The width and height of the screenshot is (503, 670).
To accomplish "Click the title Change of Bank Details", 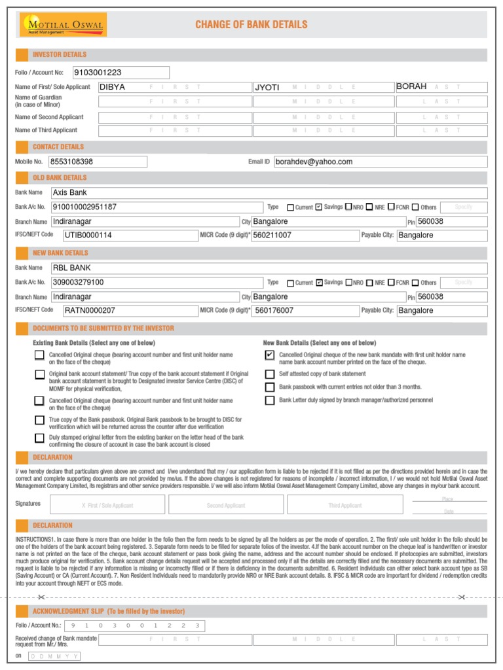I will tap(251, 25).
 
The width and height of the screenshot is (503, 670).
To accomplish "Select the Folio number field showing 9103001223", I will tap(121, 73).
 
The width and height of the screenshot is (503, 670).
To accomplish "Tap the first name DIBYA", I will tap(112, 87).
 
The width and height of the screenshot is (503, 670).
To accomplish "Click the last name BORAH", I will tap(411, 87).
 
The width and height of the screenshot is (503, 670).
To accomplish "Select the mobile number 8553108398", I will tap(98, 162).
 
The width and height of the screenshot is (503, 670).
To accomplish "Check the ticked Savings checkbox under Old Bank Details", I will tap(319, 207).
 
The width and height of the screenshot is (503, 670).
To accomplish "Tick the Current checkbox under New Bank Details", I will tap(291, 283).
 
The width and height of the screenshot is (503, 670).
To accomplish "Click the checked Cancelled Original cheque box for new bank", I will tap(270, 355).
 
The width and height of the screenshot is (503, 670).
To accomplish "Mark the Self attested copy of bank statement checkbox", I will tap(270, 374).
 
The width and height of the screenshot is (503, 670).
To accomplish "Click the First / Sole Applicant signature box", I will tap(107, 505).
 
